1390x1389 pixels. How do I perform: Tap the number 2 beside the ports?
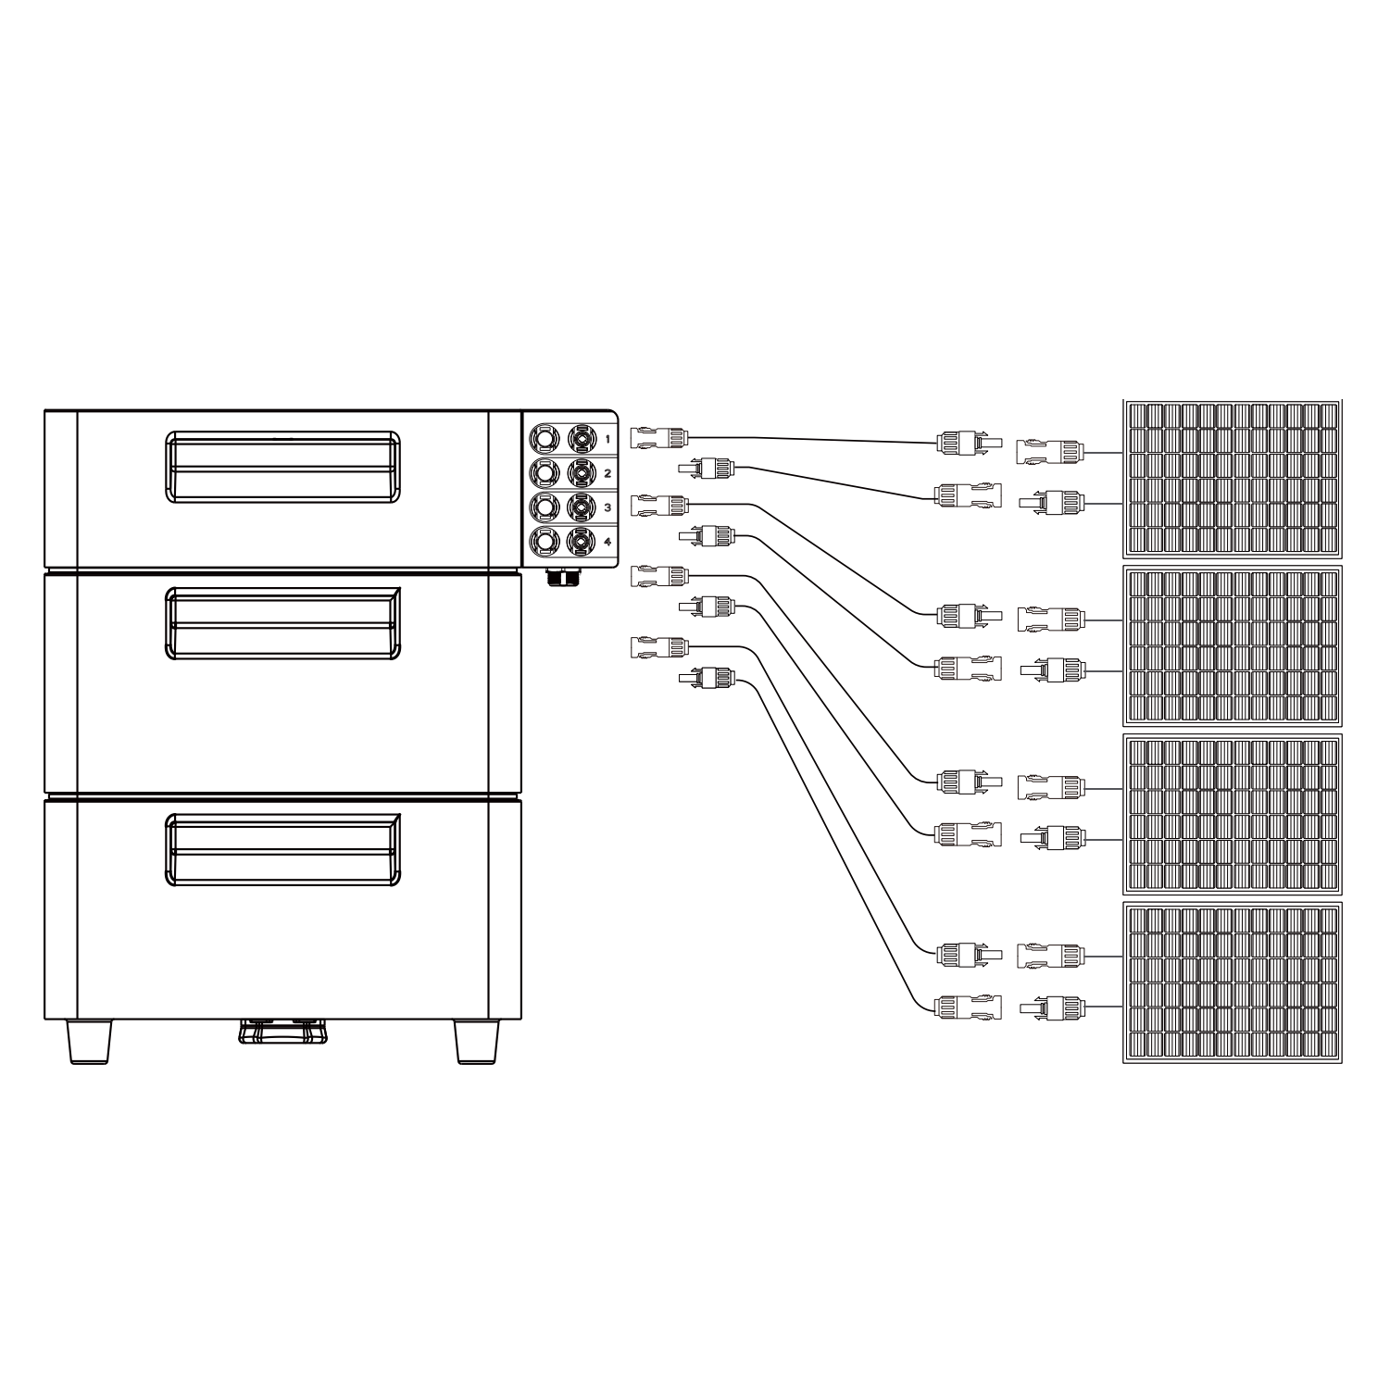tap(607, 473)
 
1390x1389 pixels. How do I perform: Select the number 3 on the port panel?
tap(607, 507)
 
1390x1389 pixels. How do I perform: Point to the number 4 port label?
tap(607, 542)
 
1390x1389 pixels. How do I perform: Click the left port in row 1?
tap(545, 437)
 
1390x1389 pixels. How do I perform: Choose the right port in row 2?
tap(582, 473)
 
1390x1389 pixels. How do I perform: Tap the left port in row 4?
tap(545, 542)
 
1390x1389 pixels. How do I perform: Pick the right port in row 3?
tap(582, 507)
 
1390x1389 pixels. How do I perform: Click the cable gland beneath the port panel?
tap(560, 578)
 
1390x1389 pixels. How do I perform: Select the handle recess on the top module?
tap(282, 467)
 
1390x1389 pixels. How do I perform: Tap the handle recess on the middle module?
tap(282, 623)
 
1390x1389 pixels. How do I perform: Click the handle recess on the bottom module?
tap(282, 850)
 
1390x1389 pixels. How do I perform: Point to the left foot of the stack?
tap(91, 1042)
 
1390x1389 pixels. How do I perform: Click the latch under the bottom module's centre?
tap(282, 1032)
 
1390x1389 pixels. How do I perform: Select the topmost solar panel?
tap(1233, 479)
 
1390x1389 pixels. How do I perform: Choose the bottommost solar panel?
tap(1233, 982)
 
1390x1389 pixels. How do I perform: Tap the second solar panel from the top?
tap(1233, 646)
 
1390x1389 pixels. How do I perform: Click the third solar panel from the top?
tap(1233, 815)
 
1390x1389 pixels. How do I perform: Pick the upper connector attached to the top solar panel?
tap(1049, 452)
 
